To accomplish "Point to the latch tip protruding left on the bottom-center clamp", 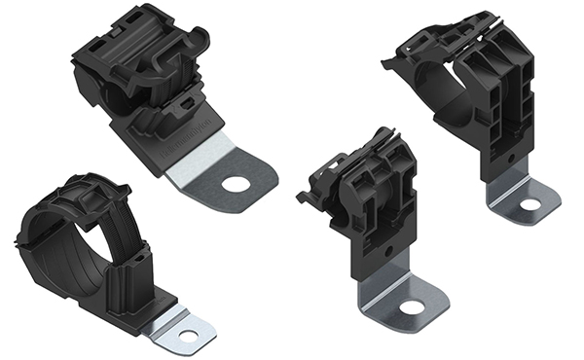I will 305,200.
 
